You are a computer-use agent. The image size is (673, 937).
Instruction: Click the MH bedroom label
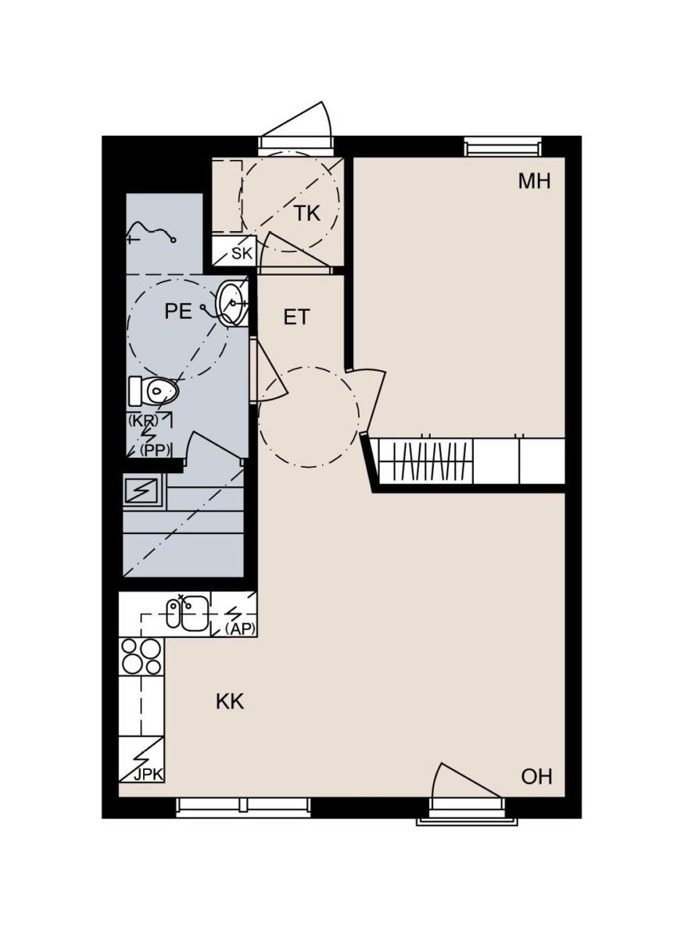pyautogui.click(x=534, y=181)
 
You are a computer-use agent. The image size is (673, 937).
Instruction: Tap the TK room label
pyautogui.click(x=307, y=213)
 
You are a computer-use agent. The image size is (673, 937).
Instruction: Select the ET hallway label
pyautogui.click(x=296, y=317)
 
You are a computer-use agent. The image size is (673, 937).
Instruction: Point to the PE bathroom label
pyautogui.click(x=178, y=312)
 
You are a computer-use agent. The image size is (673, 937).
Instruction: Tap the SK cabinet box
pyautogui.click(x=234, y=251)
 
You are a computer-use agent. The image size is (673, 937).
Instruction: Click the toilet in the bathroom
pyautogui.click(x=153, y=390)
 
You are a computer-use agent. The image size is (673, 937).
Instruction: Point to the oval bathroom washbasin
pyautogui.click(x=232, y=303)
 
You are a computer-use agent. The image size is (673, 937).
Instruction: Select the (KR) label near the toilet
pyautogui.click(x=143, y=420)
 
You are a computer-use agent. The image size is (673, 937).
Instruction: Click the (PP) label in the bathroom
pyautogui.click(x=156, y=450)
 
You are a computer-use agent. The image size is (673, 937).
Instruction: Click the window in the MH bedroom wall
pyautogui.click(x=502, y=148)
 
